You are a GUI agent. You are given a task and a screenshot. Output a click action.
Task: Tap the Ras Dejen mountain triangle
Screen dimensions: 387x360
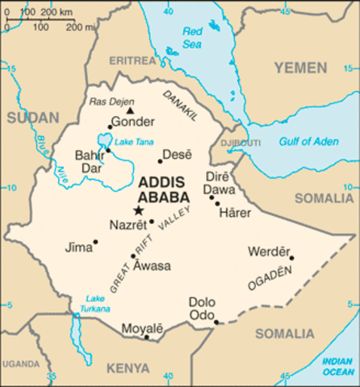pos(130,110)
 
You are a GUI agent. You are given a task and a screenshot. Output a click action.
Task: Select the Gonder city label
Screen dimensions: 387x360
pos(132,123)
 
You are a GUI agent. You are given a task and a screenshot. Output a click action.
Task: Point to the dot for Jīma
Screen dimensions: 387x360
pos(95,241)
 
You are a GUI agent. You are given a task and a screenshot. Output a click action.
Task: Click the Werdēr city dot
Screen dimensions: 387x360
pos(291,259)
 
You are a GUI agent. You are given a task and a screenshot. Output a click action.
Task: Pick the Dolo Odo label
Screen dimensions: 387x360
pos(202,308)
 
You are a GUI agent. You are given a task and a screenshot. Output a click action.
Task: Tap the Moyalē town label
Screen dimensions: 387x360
pos(142,328)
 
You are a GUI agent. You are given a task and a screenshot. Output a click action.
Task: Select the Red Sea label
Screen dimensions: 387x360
pos(192,36)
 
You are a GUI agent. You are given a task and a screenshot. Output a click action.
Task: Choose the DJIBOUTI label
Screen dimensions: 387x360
pos(237,143)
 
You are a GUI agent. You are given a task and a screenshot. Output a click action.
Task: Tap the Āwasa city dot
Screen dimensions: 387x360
pos(134,256)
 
